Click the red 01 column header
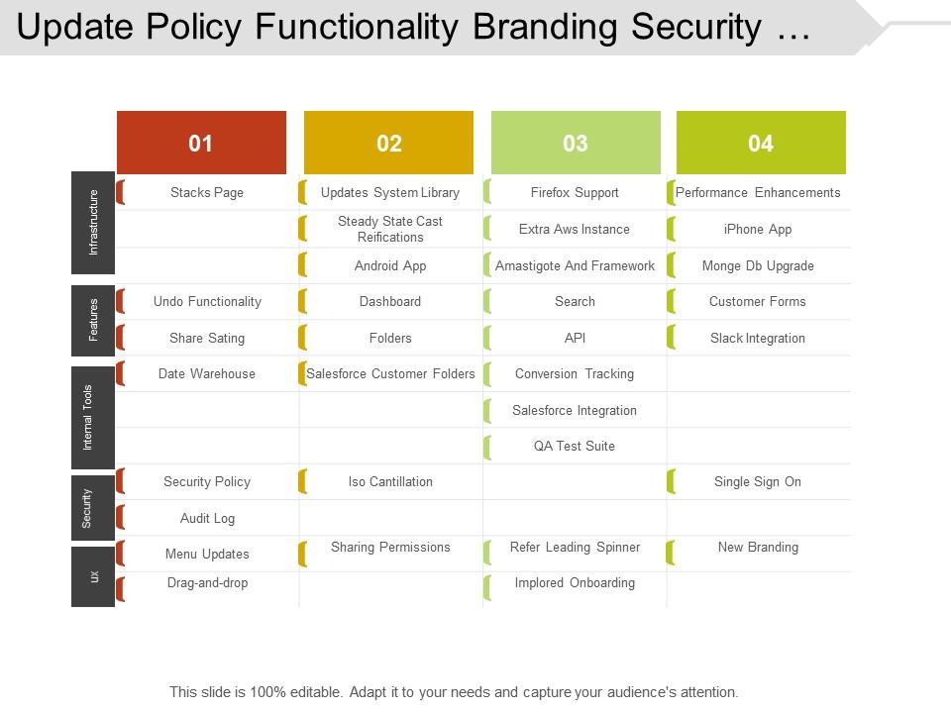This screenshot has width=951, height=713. coord(201,144)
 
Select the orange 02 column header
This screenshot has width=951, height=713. coord(388,144)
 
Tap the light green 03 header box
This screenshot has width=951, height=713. coord(576,144)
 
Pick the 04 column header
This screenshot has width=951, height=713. coord(761,144)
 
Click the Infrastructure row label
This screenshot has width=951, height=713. coord(93,223)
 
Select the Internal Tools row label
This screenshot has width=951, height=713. coord(87,417)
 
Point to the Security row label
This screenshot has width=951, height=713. coord(87,508)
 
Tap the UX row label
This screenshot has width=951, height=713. coord(94,575)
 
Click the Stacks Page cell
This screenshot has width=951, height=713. coord(206,193)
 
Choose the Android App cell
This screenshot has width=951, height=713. coord(390,265)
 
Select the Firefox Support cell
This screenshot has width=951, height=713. coord(575,193)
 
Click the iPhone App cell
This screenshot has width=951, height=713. coord(758,229)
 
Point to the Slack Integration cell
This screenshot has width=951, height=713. coord(758,338)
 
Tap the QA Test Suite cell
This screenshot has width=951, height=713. coord(575,446)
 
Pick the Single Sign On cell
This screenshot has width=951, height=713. coord(758,482)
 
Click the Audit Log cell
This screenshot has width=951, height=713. coord(207,518)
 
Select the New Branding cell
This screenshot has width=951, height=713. coord(758,547)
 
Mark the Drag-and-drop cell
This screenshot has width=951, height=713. coord(207,583)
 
